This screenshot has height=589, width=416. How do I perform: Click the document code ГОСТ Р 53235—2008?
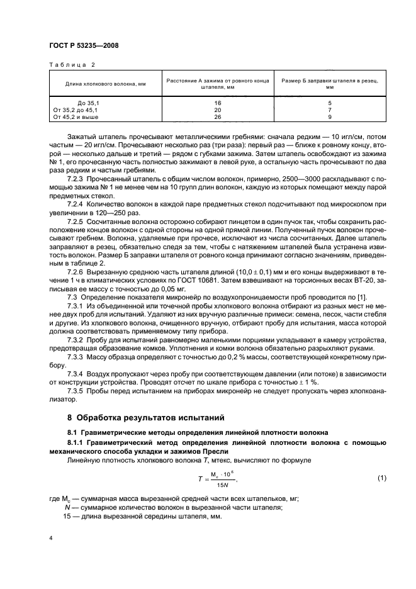tap(84, 45)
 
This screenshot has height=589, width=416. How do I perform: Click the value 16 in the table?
tap(218, 102)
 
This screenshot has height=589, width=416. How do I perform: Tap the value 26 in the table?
tap(218, 117)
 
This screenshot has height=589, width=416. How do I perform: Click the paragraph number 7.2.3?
tap(77, 179)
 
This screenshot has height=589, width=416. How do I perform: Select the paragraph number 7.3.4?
tap(77, 373)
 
